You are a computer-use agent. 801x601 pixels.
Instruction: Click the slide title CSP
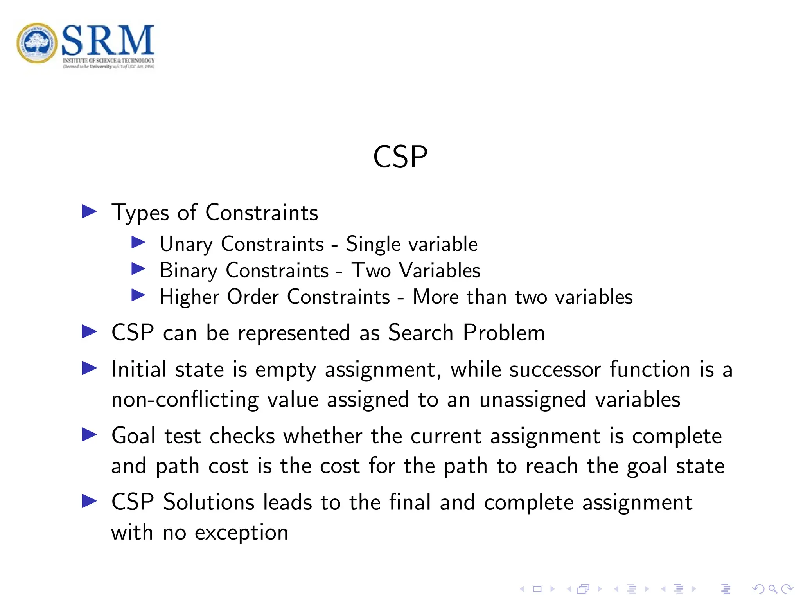(400, 157)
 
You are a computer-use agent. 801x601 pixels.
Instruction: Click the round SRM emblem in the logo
(37, 43)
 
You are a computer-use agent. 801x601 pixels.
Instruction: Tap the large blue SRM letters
(108, 40)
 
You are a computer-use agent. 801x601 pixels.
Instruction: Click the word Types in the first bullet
(140, 213)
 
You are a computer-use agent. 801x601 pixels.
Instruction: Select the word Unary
(186, 245)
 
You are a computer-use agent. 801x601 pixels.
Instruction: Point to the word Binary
(188, 271)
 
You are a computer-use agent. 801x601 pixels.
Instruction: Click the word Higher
(189, 297)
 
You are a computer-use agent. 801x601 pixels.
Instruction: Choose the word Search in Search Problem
(420, 333)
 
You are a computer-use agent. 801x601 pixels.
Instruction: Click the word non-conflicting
(185, 399)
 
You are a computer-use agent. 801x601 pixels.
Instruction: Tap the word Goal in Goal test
(133, 436)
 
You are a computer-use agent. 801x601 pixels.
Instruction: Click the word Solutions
(209, 502)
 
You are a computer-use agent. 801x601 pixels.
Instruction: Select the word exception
(241, 533)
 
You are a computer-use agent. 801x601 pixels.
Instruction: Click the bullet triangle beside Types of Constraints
(89, 212)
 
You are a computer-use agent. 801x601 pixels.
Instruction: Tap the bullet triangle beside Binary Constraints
(138, 269)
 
